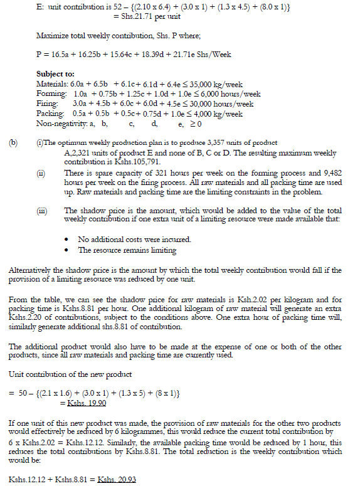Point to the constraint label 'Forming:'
(x=50, y=93)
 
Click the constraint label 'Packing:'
(x=50, y=114)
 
